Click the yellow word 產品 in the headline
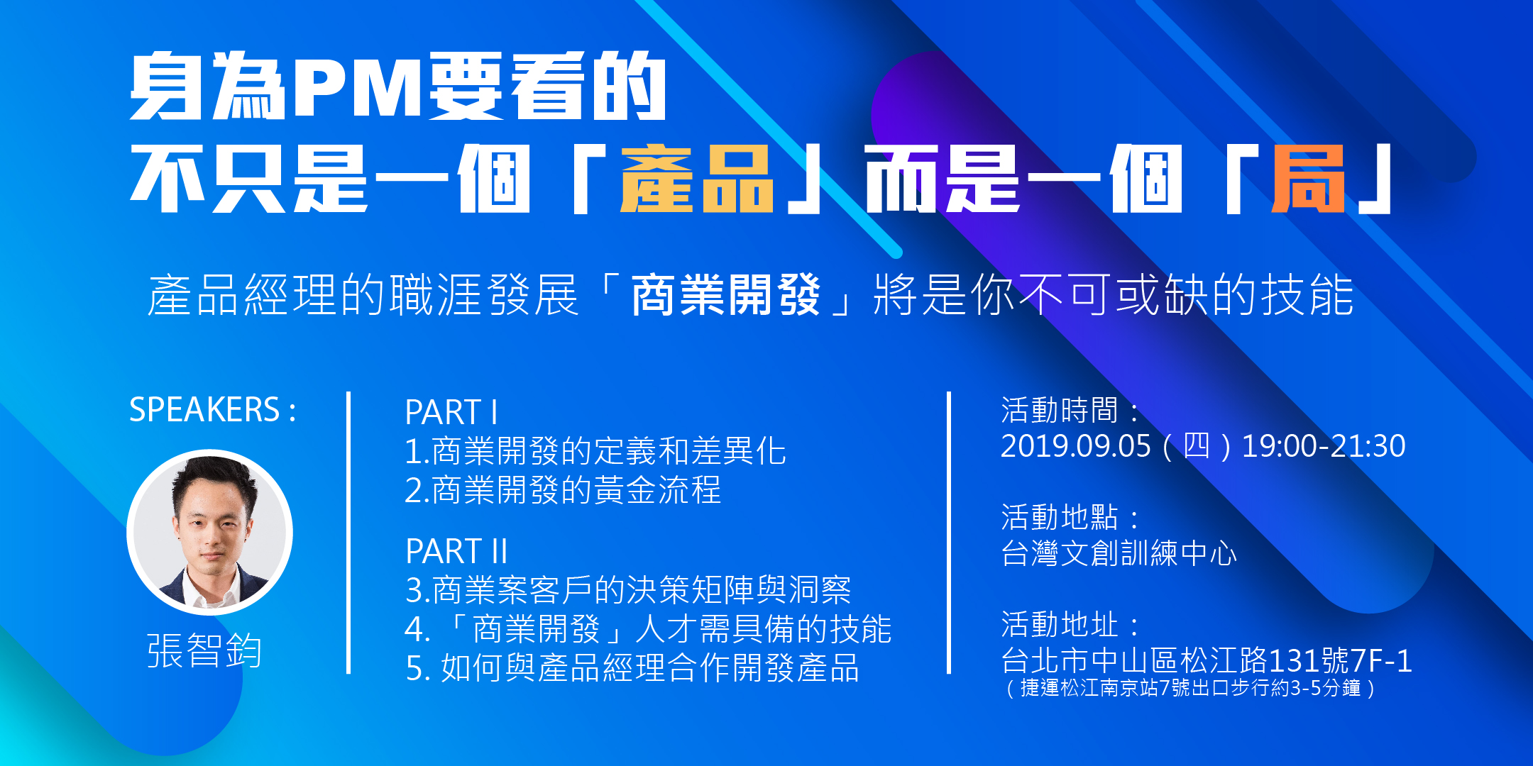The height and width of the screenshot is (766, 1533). (x=696, y=179)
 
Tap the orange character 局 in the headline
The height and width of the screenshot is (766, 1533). (x=1307, y=179)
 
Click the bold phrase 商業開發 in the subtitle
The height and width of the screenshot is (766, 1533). (x=725, y=294)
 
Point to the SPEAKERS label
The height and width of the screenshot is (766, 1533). (x=212, y=410)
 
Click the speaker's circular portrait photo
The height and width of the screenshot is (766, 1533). (x=210, y=532)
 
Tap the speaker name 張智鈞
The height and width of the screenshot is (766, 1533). (x=204, y=650)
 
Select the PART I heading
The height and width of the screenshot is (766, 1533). (x=451, y=412)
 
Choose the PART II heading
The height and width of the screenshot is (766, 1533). (x=456, y=551)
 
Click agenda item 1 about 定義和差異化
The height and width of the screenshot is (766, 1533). (x=595, y=451)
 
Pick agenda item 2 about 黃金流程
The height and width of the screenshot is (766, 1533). (x=563, y=490)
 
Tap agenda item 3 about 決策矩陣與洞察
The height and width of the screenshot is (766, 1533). (x=628, y=589)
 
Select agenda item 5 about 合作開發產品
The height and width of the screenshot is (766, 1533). (x=632, y=667)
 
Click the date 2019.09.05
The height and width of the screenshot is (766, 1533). (x=1075, y=446)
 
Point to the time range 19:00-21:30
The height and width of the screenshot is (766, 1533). (x=1324, y=446)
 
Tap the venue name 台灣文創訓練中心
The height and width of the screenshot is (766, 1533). (x=1119, y=553)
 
